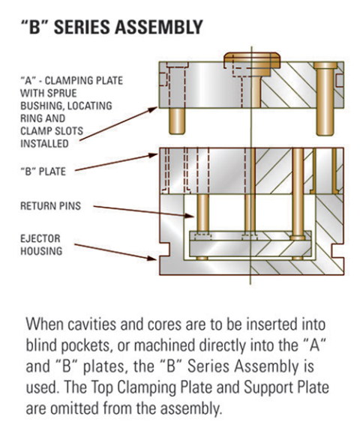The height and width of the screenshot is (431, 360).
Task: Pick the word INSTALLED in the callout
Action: [43, 142]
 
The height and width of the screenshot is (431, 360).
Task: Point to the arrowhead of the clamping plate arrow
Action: [158, 107]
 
